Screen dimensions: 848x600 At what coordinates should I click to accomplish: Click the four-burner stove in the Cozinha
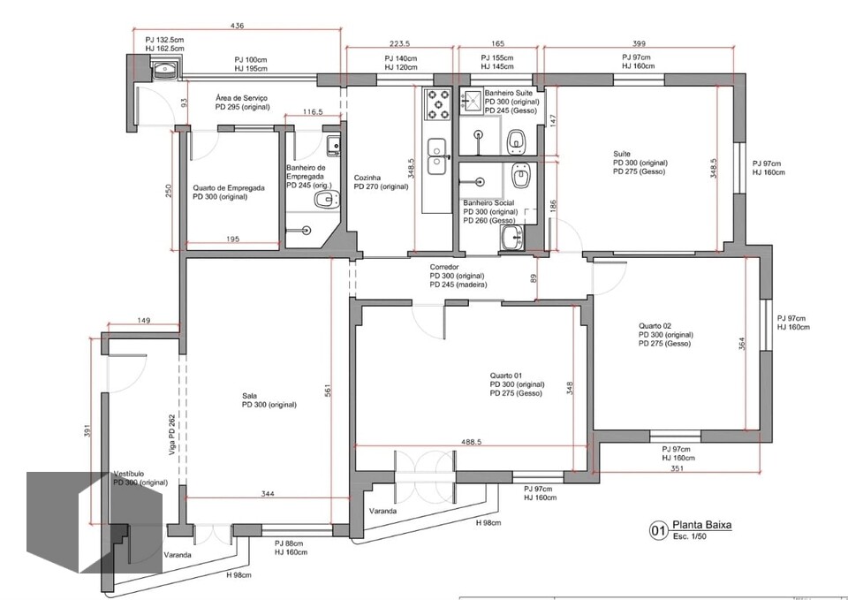click(438, 104)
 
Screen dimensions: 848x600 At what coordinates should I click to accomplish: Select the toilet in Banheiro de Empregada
click(326, 200)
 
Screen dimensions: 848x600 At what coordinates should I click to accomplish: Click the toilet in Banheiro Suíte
click(518, 141)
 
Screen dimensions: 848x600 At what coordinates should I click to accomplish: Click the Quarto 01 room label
click(506, 376)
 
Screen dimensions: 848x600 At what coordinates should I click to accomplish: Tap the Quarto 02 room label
click(655, 326)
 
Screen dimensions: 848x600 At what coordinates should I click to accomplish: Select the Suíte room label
click(622, 154)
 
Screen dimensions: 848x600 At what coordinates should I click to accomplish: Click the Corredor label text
click(444, 267)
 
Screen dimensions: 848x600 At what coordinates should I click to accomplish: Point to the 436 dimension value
click(237, 26)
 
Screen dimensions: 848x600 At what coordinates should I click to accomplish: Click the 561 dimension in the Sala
click(327, 391)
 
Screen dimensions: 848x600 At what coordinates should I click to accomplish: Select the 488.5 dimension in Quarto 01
click(471, 442)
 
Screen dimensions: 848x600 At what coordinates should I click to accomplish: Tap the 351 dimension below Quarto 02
click(677, 468)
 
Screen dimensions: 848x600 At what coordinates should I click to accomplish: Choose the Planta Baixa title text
click(702, 526)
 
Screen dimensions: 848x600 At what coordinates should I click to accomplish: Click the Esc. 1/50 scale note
click(690, 536)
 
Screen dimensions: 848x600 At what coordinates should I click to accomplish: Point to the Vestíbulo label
click(129, 474)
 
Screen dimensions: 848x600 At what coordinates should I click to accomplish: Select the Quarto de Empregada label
click(229, 188)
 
